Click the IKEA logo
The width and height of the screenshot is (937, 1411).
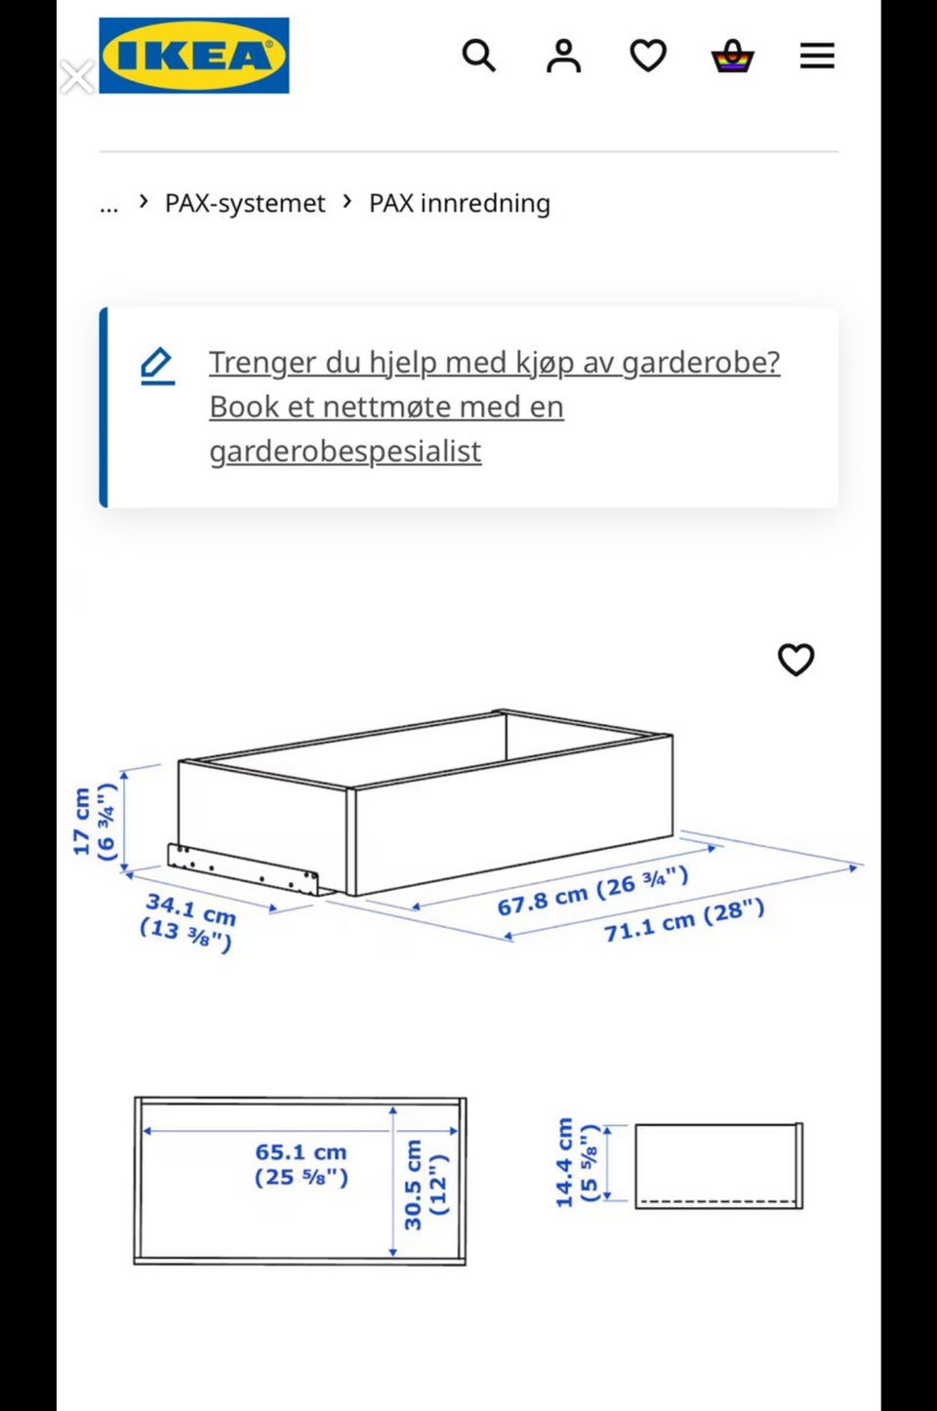click(194, 56)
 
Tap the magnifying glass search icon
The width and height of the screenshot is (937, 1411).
click(479, 56)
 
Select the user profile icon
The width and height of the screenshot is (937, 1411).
click(563, 56)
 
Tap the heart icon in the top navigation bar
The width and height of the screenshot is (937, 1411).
click(648, 56)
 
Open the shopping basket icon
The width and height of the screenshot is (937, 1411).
click(733, 56)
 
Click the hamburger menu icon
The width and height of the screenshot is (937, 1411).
click(817, 56)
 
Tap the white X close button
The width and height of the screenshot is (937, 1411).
click(77, 77)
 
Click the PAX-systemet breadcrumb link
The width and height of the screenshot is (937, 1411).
click(244, 204)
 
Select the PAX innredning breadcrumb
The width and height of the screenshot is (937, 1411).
click(460, 204)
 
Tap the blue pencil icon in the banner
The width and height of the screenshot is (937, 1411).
click(157, 365)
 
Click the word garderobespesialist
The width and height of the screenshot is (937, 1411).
click(346, 451)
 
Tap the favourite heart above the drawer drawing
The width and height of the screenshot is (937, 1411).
click(795, 660)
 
